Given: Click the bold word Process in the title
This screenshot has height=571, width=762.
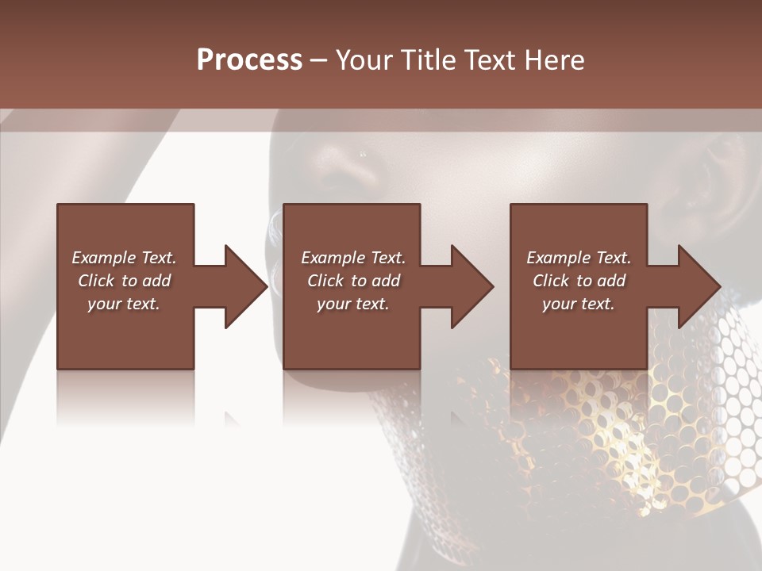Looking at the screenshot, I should tap(249, 59).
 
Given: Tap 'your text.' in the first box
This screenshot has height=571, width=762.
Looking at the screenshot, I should tap(124, 304).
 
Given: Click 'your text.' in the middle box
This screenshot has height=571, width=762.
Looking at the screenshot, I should tap(353, 304).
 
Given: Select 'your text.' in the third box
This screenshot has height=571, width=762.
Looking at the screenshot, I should tap(579, 304).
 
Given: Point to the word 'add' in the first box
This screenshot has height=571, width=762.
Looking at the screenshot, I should tap(157, 281).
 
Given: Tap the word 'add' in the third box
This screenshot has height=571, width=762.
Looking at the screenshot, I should tap(612, 281).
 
